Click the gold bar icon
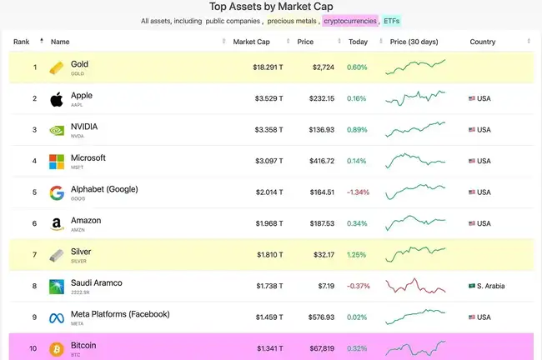(x=57, y=67)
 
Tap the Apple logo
(x=57, y=99)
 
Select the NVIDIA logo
(x=57, y=130)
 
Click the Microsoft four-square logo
(x=57, y=162)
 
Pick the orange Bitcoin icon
(x=57, y=348)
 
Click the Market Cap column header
(x=250, y=42)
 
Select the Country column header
(x=482, y=42)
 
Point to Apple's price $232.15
(x=321, y=98)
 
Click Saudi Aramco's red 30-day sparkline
(x=415, y=285)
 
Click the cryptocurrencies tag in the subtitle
(x=350, y=20)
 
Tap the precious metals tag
(x=292, y=20)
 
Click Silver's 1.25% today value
(x=357, y=254)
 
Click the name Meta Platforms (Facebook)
(x=120, y=314)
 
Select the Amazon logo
(x=57, y=223)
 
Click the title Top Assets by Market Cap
(x=271, y=6)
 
